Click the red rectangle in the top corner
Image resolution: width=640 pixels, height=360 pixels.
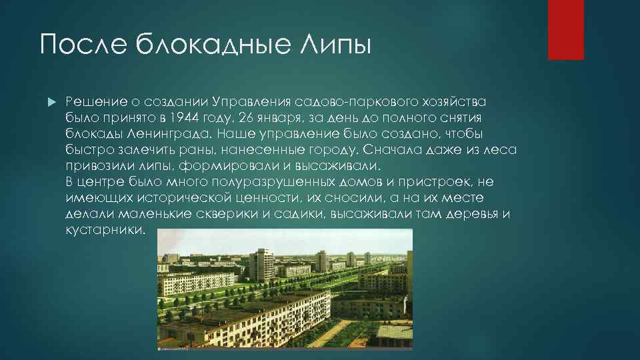[x=565, y=29]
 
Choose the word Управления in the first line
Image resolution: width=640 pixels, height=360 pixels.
[x=248, y=101]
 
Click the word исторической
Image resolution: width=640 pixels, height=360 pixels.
[x=197, y=198]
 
